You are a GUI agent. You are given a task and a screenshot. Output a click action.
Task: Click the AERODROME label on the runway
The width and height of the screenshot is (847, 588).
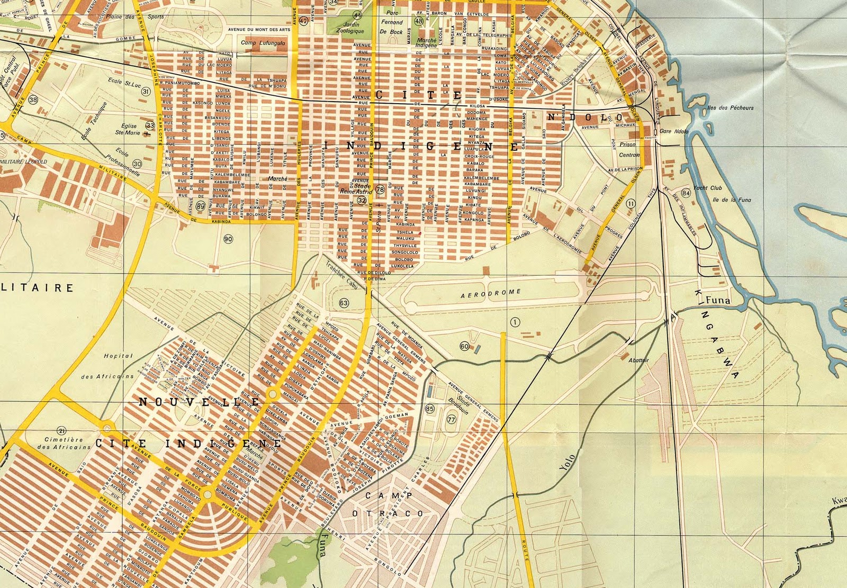(491, 293)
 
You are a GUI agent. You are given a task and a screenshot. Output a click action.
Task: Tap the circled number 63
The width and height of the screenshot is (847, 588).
(344, 303)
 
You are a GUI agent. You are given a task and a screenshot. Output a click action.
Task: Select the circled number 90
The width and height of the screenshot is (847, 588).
(228, 239)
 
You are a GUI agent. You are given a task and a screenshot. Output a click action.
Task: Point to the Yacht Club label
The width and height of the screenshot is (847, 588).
(708, 188)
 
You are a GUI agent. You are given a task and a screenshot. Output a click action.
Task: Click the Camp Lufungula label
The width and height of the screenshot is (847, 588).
(258, 43)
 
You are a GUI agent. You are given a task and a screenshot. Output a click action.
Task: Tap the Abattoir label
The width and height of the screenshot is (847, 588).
(638, 360)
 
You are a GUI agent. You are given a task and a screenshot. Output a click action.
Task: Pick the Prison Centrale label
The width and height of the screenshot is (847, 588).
(629, 150)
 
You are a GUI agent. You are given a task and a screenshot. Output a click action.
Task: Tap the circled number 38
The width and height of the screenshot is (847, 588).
(34, 99)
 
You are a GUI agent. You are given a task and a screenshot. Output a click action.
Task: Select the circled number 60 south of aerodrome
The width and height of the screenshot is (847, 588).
(464, 347)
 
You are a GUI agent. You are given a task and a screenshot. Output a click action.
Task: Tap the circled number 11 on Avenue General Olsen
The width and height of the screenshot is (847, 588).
(630, 203)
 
